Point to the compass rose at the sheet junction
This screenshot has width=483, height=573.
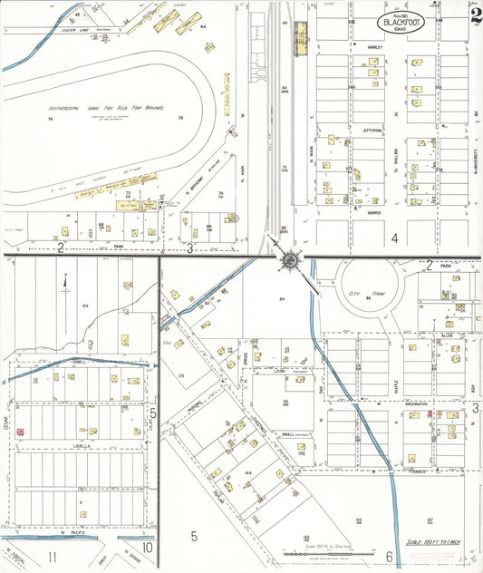pyautogui.click(x=289, y=260)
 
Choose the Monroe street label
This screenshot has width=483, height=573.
pyautogui.click(x=374, y=213)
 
